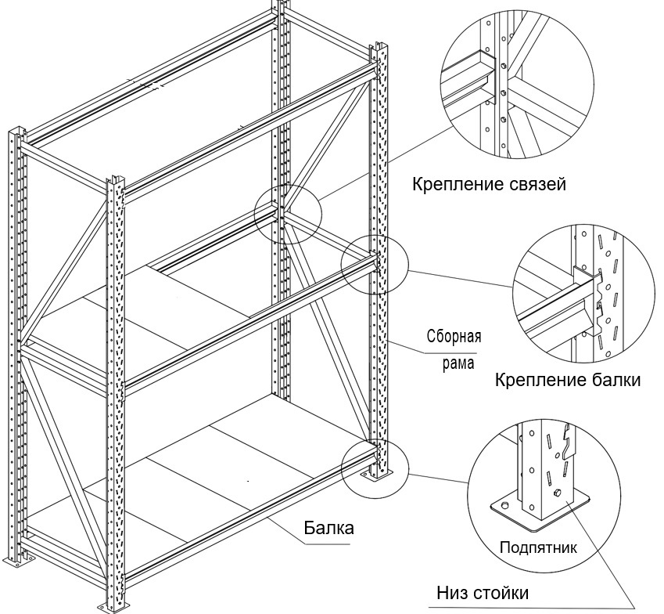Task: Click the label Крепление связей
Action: (x=489, y=185)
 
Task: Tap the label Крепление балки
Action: (x=568, y=381)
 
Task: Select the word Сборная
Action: (x=454, y=338)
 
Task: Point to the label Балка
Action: (x=328, y=528)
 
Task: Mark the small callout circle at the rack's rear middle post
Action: (x=288, y=215)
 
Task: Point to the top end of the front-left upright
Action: (x=116, y=182)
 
